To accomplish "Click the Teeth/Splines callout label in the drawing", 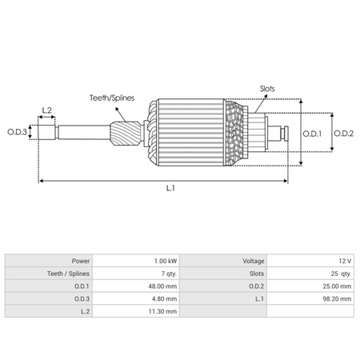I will (x=111, y=98).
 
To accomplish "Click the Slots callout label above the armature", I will (x=270, y=89).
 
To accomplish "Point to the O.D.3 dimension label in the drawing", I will (x=17, y=131).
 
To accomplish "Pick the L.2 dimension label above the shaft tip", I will (x=46, y=109).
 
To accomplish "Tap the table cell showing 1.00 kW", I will (x=166, y=261).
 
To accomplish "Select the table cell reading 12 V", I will (x=344, y=261).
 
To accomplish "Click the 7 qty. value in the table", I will (x=167, y=273).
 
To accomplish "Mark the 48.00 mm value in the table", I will (x=163, y=286).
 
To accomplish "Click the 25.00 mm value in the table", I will (x=336, y=286).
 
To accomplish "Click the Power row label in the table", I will (x=79, y=261).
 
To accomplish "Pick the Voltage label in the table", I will (x=249, y=261).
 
